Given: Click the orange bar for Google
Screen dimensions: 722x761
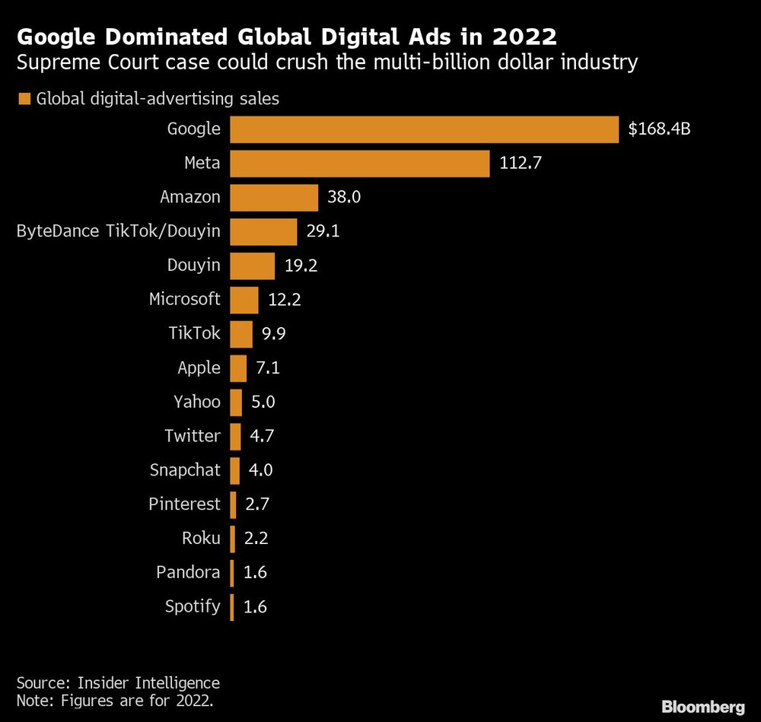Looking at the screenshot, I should tap(424, 129).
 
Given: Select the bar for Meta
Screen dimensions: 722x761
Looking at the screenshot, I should tap(359, 164).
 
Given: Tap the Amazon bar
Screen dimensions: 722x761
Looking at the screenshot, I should tap(274, 198).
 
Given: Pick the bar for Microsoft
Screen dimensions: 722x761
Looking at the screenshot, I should tap(244, 300).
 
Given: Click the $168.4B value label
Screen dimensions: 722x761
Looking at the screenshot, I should tap(659, 129).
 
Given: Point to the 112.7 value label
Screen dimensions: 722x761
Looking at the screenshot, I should tap(521, 164).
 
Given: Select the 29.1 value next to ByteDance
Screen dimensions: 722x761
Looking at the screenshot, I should tap(323, 231).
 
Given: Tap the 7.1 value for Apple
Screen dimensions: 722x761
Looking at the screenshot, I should tap(267, 368).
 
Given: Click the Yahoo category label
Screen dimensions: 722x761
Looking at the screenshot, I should tap(197, 402).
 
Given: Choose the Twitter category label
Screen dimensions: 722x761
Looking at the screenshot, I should tap(193, 436).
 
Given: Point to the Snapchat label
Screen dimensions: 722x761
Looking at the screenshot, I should tap(185, 470).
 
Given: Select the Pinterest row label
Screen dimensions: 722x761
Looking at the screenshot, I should tap(184, 504).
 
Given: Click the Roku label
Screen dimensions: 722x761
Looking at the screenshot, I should tap(201, 539).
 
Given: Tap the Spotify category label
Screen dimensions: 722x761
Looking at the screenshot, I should tap(193, 606).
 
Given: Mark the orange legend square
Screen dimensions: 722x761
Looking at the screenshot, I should tap(24, 98).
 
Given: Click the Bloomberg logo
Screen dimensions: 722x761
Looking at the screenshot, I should tap(702, 707).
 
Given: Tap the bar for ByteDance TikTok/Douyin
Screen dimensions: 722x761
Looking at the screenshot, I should tap(263, 232).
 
